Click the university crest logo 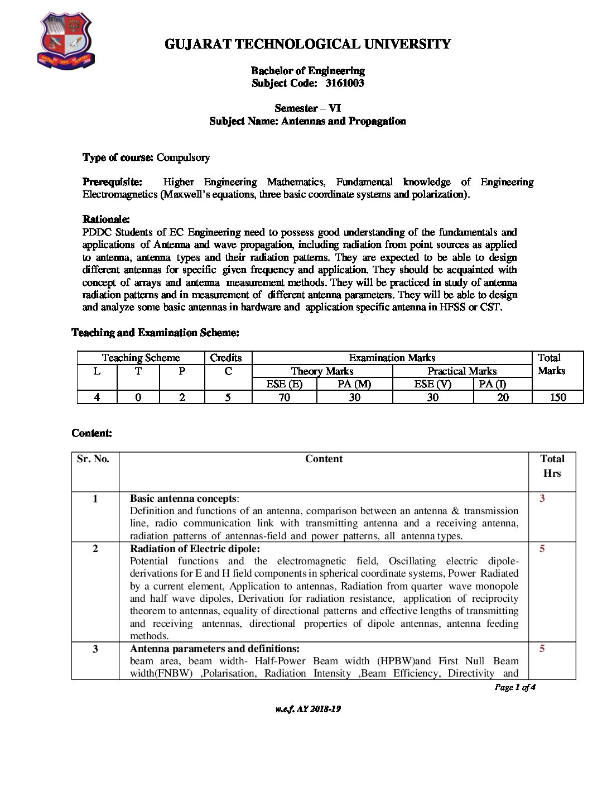pyautogui.click(x=66, y=42)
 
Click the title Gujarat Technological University pyautogui.click(x=307, y=44)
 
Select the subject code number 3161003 pyautogui.click(x=345, y=83)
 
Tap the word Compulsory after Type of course pyautogui.click(x=183, y=157)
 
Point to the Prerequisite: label pyautogui.click(x=112, y=182)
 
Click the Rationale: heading pyautogui.click(x=106, y=219)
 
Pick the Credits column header pyautogui.click(x=226, y=358)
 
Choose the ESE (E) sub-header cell pyautogui.click(x=284, y=384)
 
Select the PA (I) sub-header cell pyautogui.click(x=493, y=384)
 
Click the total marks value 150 pyautogui.click(x=558, y=397)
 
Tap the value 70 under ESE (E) pyautogui.click(x=284, y=397)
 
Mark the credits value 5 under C pyautogui.click(x=228, y=397)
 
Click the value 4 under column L pyautogui.click(x=97, y=397)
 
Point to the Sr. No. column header pyautogui.click(x=93, y=459)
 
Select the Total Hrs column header pyautogui.click(x=552, y=466)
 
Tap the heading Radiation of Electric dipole pyautogui.click(x=195, y=549)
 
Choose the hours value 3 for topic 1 pyautogui.click(x=542, y=499)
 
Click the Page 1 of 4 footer pyautogui.click(x=515, y=687)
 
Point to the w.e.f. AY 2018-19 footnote pyautogui.click(x=308, y=709)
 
